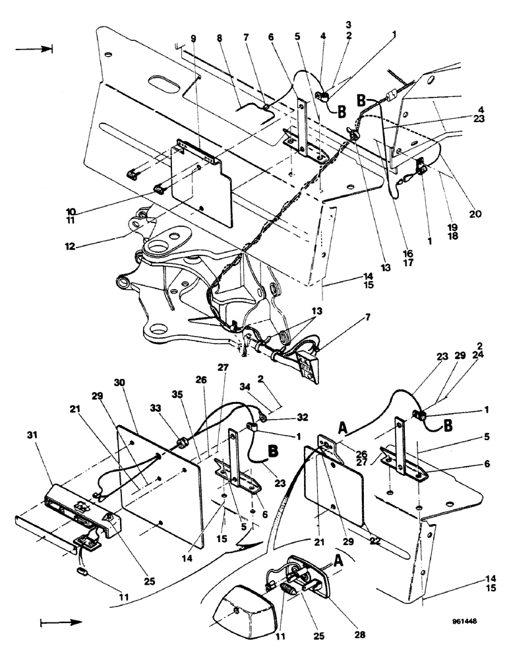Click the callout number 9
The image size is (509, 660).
[193, 39]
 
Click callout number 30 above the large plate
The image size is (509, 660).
[119, 383]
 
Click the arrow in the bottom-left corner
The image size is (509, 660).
[61, 622]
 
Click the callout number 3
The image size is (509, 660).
[348, 24]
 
